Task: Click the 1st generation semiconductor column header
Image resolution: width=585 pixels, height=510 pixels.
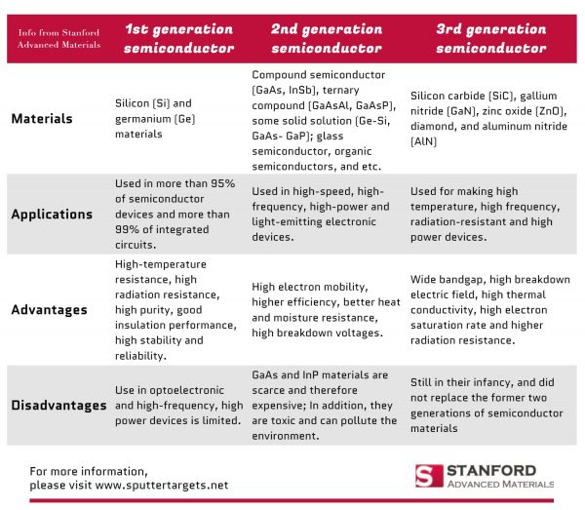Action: [178, 38]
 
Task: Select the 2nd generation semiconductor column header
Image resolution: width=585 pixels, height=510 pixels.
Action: [327, 38]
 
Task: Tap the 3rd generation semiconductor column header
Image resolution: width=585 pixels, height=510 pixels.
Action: [490, 38]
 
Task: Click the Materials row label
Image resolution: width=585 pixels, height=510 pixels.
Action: [42, 119]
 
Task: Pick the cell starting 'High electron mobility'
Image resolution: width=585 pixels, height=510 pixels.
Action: [326, 310]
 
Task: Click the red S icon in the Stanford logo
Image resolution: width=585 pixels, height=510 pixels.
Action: [423, 476]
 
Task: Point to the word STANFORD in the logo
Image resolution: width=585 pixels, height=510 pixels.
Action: [492, 470]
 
